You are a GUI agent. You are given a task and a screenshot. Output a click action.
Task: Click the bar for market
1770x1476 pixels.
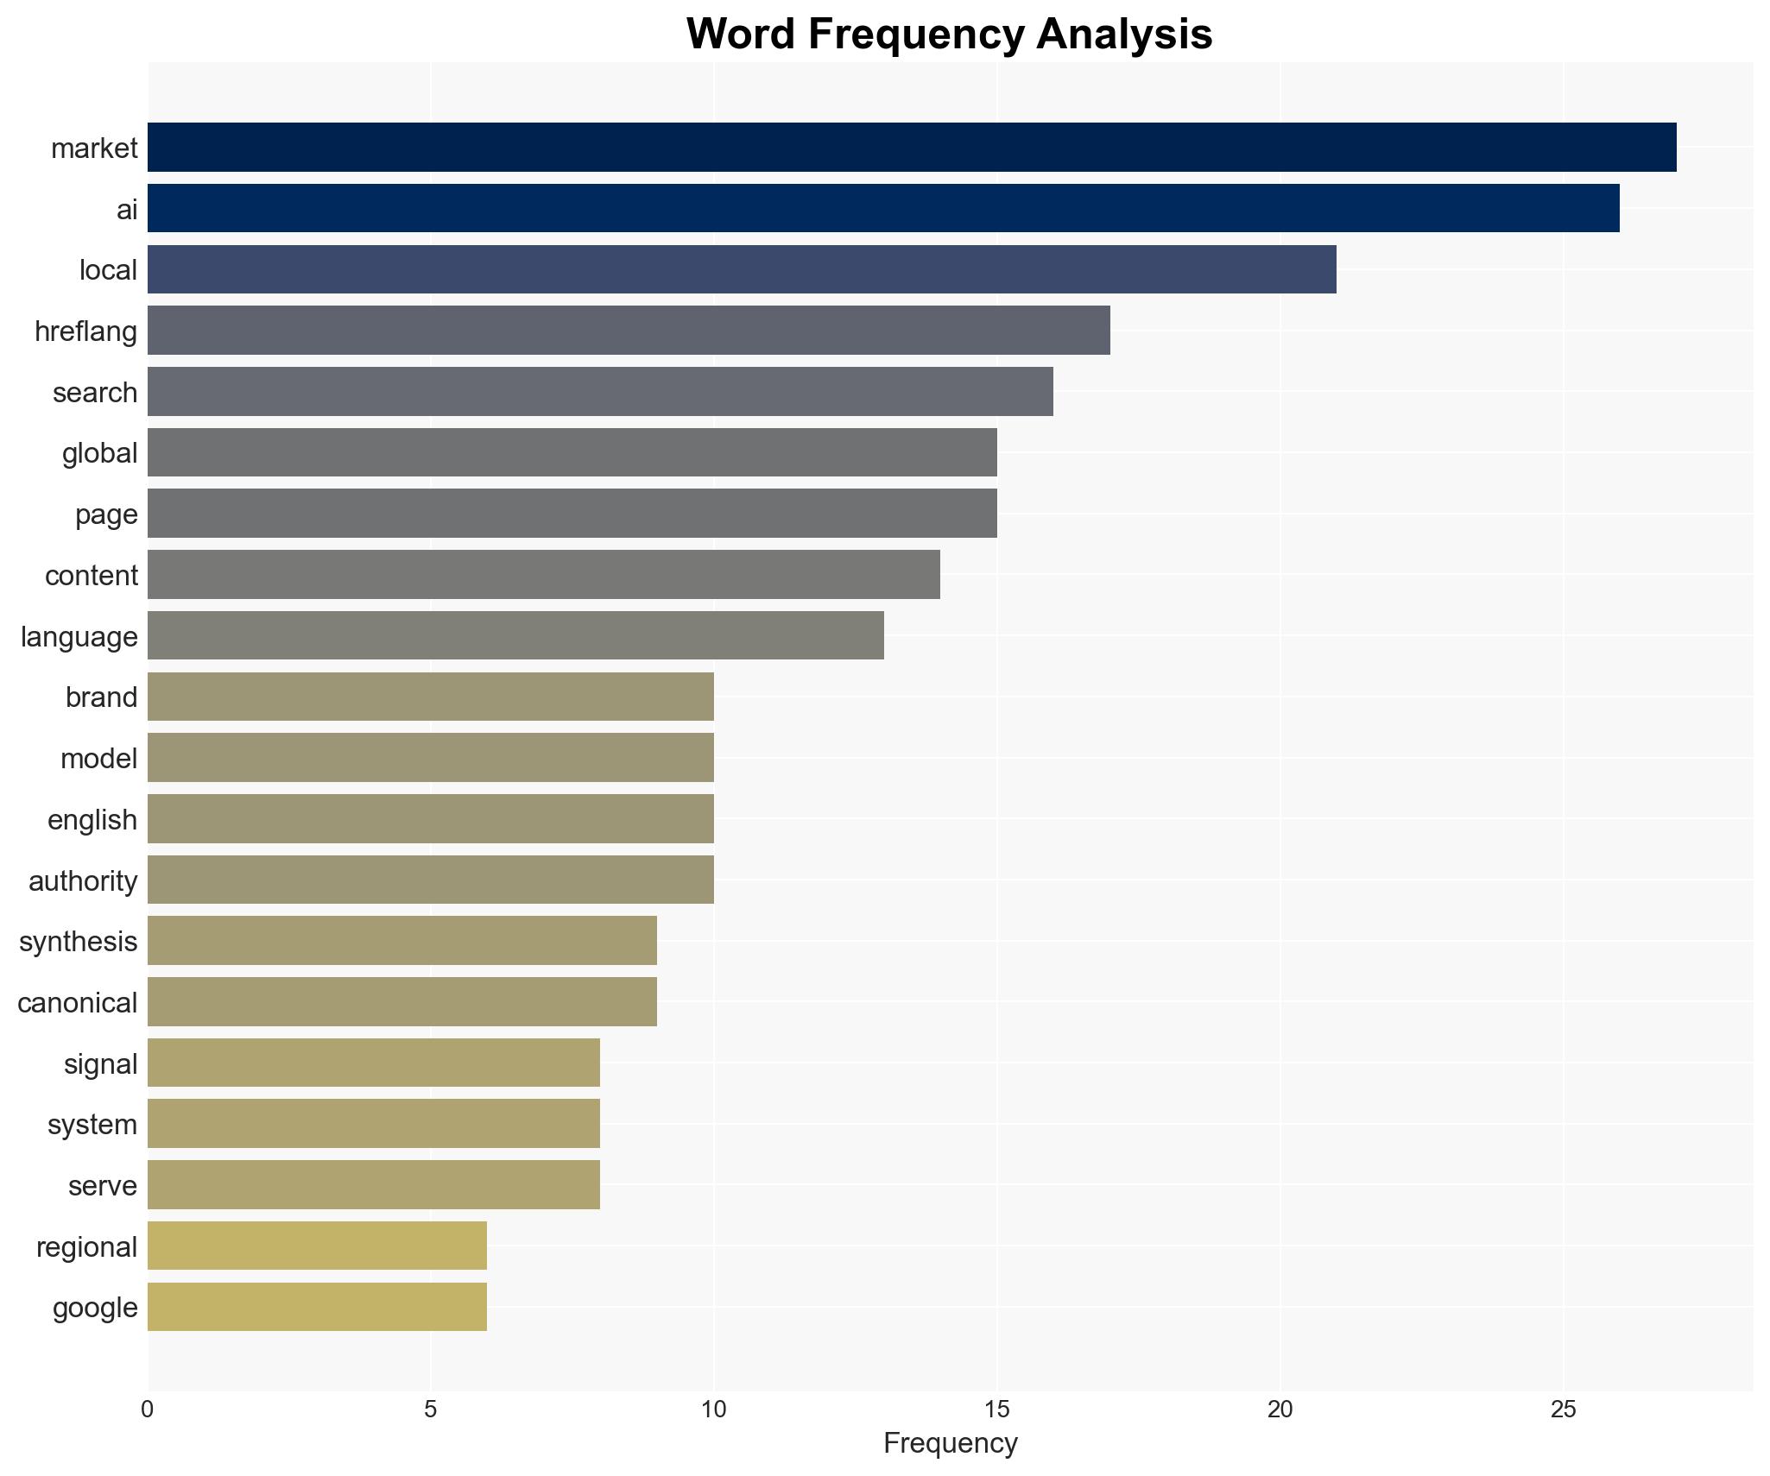pos(912,148)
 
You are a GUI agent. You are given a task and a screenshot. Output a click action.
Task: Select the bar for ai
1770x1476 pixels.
pos(883,208)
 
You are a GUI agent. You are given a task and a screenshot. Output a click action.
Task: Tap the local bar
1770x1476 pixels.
pos(742,269)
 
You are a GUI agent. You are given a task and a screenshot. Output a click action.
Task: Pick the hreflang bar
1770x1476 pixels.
pos(629,331)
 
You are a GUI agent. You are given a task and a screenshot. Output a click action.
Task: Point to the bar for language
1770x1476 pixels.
pos(515,635)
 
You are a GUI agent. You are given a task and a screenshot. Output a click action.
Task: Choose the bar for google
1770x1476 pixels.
pos(317,1307)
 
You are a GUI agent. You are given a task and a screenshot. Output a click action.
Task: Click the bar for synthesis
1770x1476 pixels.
pos(402,941)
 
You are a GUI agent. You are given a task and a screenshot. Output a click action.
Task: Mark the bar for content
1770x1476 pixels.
pos(544,575)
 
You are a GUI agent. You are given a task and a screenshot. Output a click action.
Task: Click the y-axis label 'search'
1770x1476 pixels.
pos(95,393)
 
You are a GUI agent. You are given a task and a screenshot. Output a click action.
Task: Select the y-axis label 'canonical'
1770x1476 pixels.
pos(78,1003)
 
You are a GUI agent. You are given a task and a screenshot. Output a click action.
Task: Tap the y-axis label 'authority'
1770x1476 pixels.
pos(83,881)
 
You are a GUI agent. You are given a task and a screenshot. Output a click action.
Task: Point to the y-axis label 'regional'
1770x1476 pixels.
pos(86,1247)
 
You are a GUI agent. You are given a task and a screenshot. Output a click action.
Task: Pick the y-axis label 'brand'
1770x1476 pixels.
pos(101,697)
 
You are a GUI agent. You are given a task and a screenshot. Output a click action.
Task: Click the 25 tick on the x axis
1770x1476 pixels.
pos(1563,1410)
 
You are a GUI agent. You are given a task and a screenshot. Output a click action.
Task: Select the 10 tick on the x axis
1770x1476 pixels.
pos(713,1410)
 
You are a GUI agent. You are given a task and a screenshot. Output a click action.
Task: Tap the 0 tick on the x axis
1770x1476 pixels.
pos(148,1410)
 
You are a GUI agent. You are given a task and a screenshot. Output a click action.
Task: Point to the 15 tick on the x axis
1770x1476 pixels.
pos(996,1410)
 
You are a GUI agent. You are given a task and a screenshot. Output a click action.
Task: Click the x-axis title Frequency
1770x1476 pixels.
pos(950,1443)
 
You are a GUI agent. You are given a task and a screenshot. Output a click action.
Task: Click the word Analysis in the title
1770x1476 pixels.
pos(1124,35)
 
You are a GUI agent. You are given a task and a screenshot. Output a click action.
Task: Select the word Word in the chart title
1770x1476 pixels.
pos(742,35)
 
